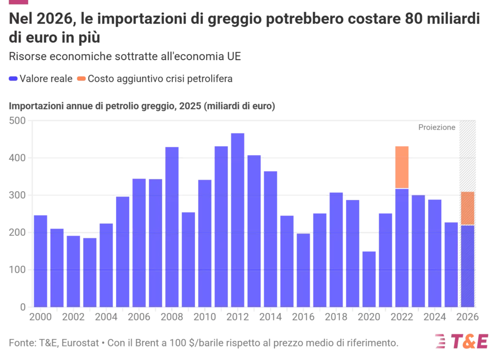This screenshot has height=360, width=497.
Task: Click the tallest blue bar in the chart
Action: tap(237, 218)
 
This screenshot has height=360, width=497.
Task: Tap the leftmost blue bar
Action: tap(41, 260)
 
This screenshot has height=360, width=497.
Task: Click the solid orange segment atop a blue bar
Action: tap(402, 166)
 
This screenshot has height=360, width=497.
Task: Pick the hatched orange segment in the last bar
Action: tap(467, 208)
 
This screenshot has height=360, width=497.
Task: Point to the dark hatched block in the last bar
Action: tap(467, 156)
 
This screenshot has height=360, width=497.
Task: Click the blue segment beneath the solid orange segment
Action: tap(402, 247)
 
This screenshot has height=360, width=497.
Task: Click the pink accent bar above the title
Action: tap(19, 3)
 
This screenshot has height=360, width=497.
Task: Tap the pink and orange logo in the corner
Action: tap(462, 341)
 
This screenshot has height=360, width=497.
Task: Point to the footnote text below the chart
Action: tap(204, 344)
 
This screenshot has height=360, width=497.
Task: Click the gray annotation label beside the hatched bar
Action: tap(436, 127)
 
